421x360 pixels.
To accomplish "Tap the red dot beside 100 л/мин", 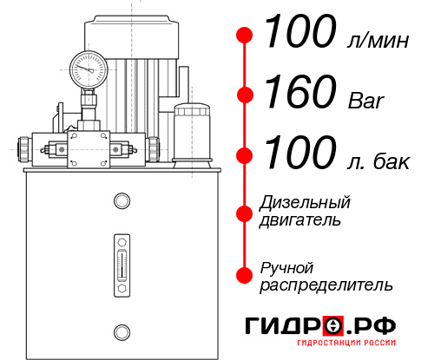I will tap(245, 36).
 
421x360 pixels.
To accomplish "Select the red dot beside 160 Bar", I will tap(245, 95).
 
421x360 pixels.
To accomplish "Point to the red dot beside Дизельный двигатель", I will tap(245, 212).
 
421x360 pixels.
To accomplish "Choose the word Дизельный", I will tap(305, 204).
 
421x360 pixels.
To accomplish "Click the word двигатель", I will tap(300, 220).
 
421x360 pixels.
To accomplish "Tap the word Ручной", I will tap(286, 267).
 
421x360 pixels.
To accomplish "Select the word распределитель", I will tap(326, 285).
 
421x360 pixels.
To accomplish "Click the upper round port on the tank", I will tap(121, 201).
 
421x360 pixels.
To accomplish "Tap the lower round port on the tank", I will tap(121, 330).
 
